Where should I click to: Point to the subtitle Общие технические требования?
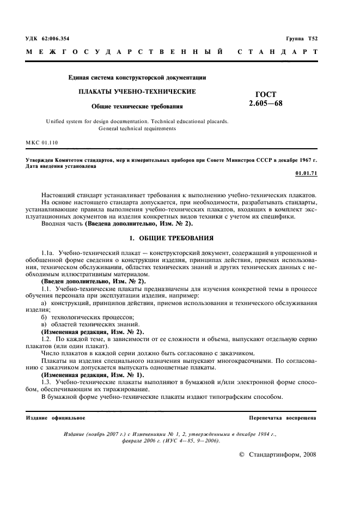[137, 106]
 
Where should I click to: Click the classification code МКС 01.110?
[42, 143]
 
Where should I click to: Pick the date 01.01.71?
[306, 173]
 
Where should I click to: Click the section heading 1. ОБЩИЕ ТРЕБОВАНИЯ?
[172, 238]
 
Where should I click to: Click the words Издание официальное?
[55, 417]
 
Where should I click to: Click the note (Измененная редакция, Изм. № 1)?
[92, 375]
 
